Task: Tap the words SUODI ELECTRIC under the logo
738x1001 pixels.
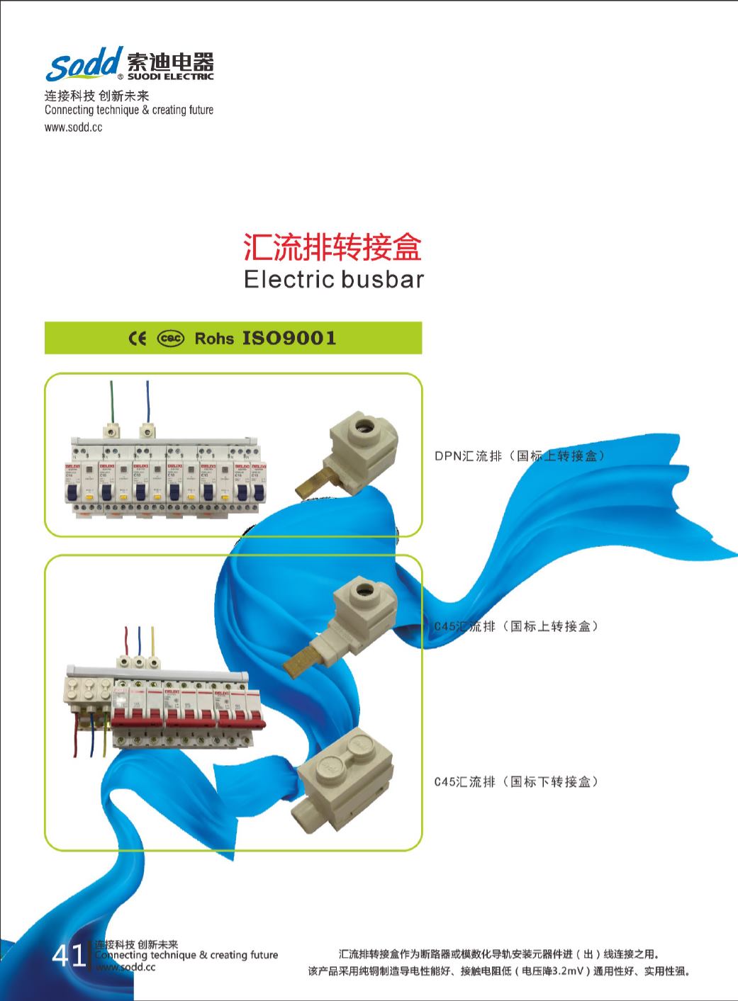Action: [x=169, y=77]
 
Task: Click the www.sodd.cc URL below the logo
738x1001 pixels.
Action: [x=73, y=128]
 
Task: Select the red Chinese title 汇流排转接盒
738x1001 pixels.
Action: [x=332, y=247]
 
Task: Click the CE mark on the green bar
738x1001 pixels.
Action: [x=137, y=338]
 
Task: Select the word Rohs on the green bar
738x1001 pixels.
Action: [x=214, y=339]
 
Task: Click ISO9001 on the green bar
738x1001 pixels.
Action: [x=289, y=338]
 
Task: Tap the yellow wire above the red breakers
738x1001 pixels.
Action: [x=151, y=640]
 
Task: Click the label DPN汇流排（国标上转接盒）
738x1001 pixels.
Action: [x=520, y=456]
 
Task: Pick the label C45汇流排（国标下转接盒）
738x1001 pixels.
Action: [x=516, y=782]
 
